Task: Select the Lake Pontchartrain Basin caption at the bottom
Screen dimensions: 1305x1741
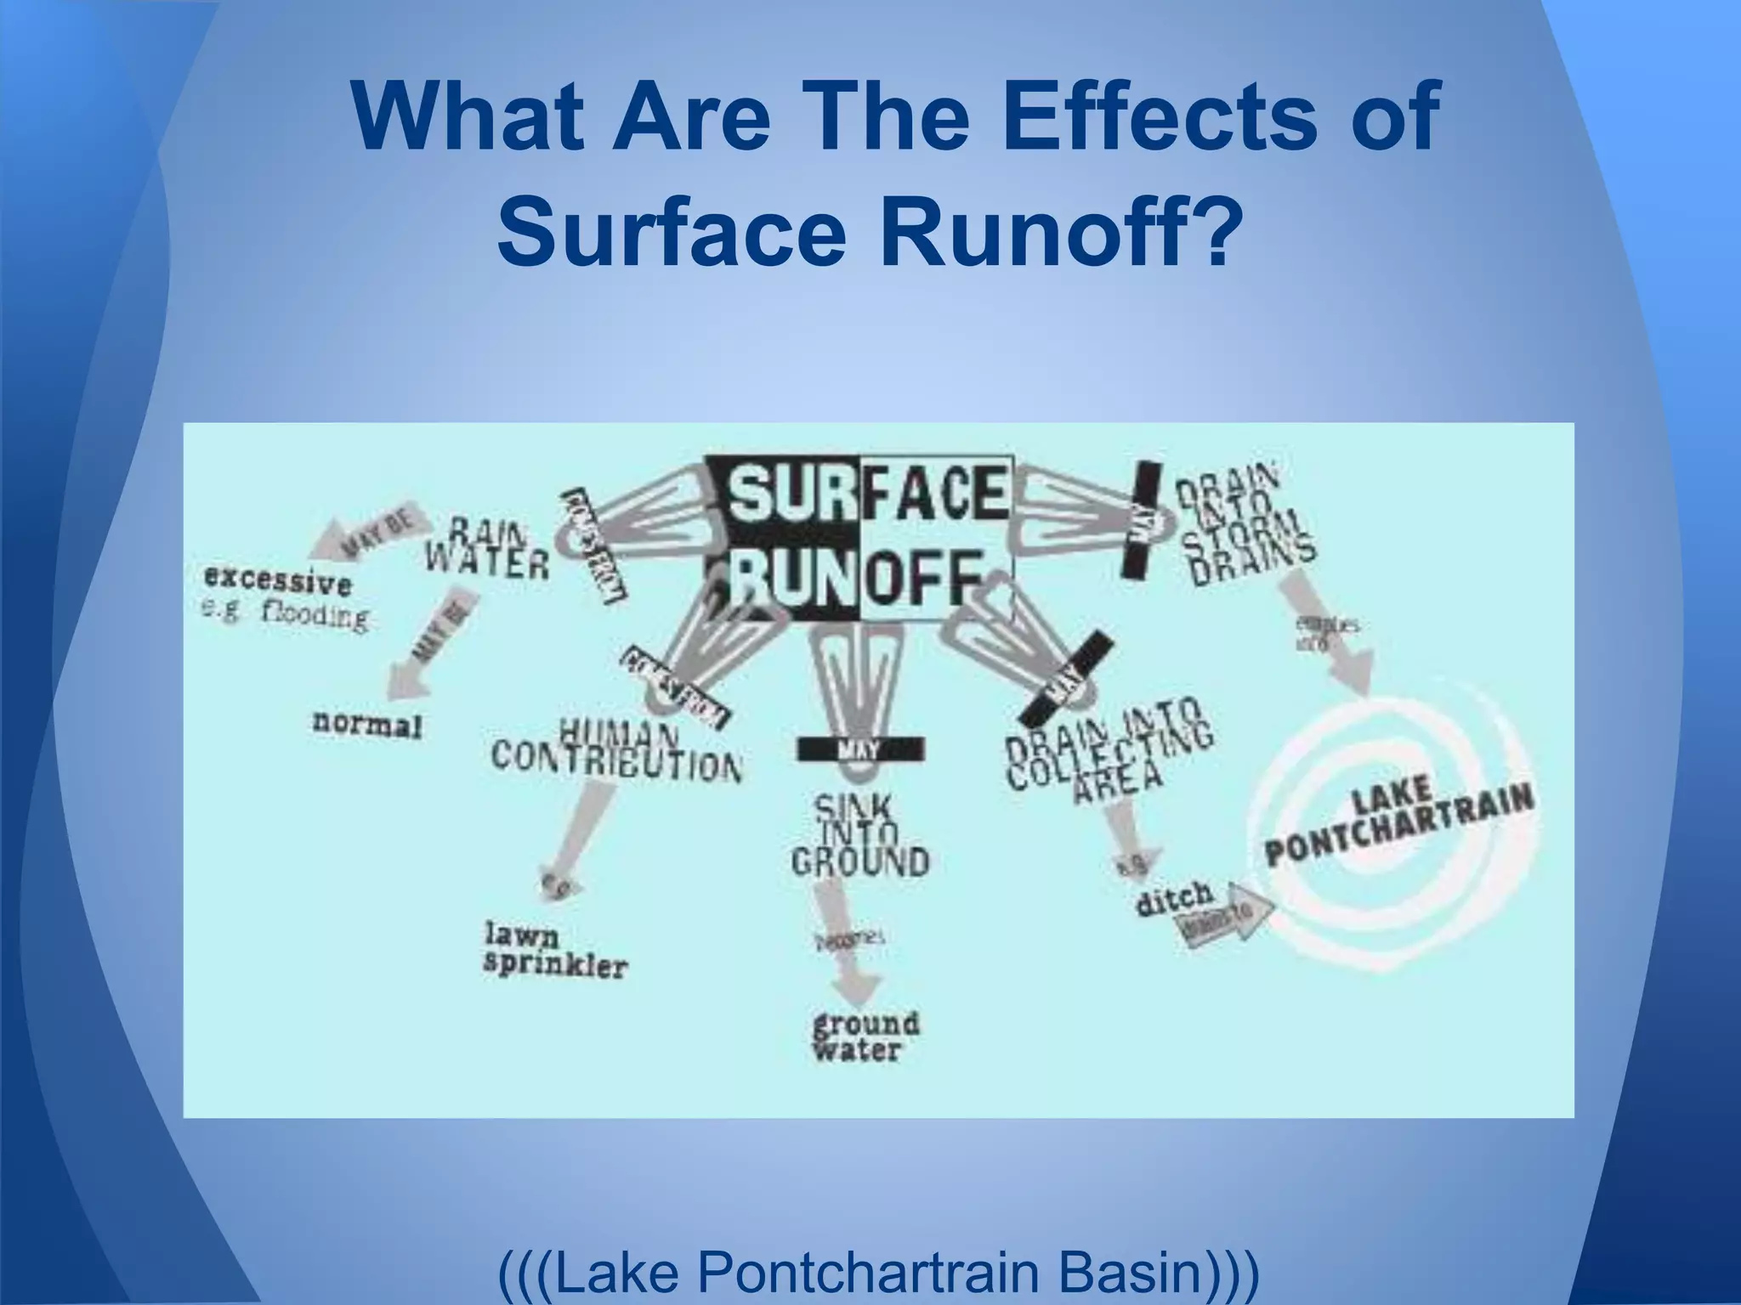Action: click(879, 1274)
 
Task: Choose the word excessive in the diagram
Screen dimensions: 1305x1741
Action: click(278, 582)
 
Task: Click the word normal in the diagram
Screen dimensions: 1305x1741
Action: click(367, 725)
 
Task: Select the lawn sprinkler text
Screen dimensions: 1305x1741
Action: click(555, 952)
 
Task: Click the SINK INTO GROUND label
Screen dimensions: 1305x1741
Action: click(859, 837)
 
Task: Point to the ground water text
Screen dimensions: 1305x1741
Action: click(865, 1037)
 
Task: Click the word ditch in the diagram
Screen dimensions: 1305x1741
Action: click(1175, 898)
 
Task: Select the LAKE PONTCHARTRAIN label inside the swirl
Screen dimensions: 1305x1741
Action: click(1398, 820)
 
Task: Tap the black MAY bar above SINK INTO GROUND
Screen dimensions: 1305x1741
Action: click(860, 749)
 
